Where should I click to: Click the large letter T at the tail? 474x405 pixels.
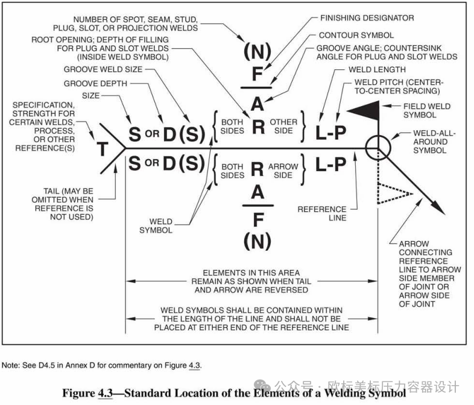tap(103, 149)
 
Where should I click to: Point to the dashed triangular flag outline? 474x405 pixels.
tap(393, 193)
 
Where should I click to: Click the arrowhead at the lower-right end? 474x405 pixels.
tap(438, 207)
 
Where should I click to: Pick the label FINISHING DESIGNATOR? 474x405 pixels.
tap(367, 18)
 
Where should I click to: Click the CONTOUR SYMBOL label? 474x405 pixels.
tap(356, 36)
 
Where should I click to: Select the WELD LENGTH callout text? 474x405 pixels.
tap(377, 69)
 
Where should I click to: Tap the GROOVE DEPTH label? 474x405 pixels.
tap(95, 83)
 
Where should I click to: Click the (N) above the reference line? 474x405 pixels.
tap(258, 51)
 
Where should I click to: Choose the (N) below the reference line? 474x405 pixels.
tap(258, 241)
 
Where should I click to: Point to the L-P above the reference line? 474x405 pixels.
tap(330, 132)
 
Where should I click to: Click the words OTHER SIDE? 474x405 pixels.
tap(283, 126)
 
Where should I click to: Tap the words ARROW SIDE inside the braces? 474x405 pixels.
tap(283, 171)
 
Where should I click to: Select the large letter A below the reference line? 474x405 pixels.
tap(258, 192)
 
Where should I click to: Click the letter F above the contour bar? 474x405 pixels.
tap(258, 74)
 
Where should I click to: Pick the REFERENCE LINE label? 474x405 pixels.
tap(322, 213)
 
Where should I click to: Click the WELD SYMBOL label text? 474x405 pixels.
tap(156, 226)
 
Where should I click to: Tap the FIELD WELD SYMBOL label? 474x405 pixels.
tap(426, 110)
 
